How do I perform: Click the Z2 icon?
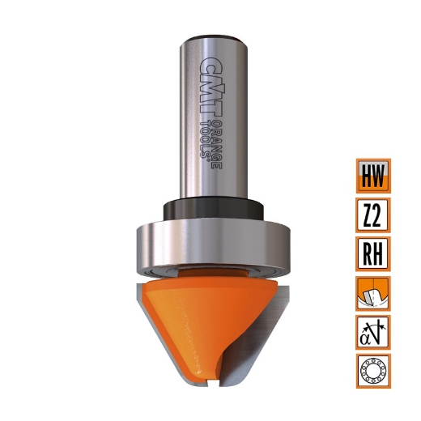373,215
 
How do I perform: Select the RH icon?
373,254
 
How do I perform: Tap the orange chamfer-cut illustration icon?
373,293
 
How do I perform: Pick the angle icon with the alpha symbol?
373,333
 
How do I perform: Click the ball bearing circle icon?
373,372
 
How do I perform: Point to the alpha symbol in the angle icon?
367,335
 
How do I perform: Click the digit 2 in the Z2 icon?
380,215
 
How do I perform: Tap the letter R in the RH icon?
367,254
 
